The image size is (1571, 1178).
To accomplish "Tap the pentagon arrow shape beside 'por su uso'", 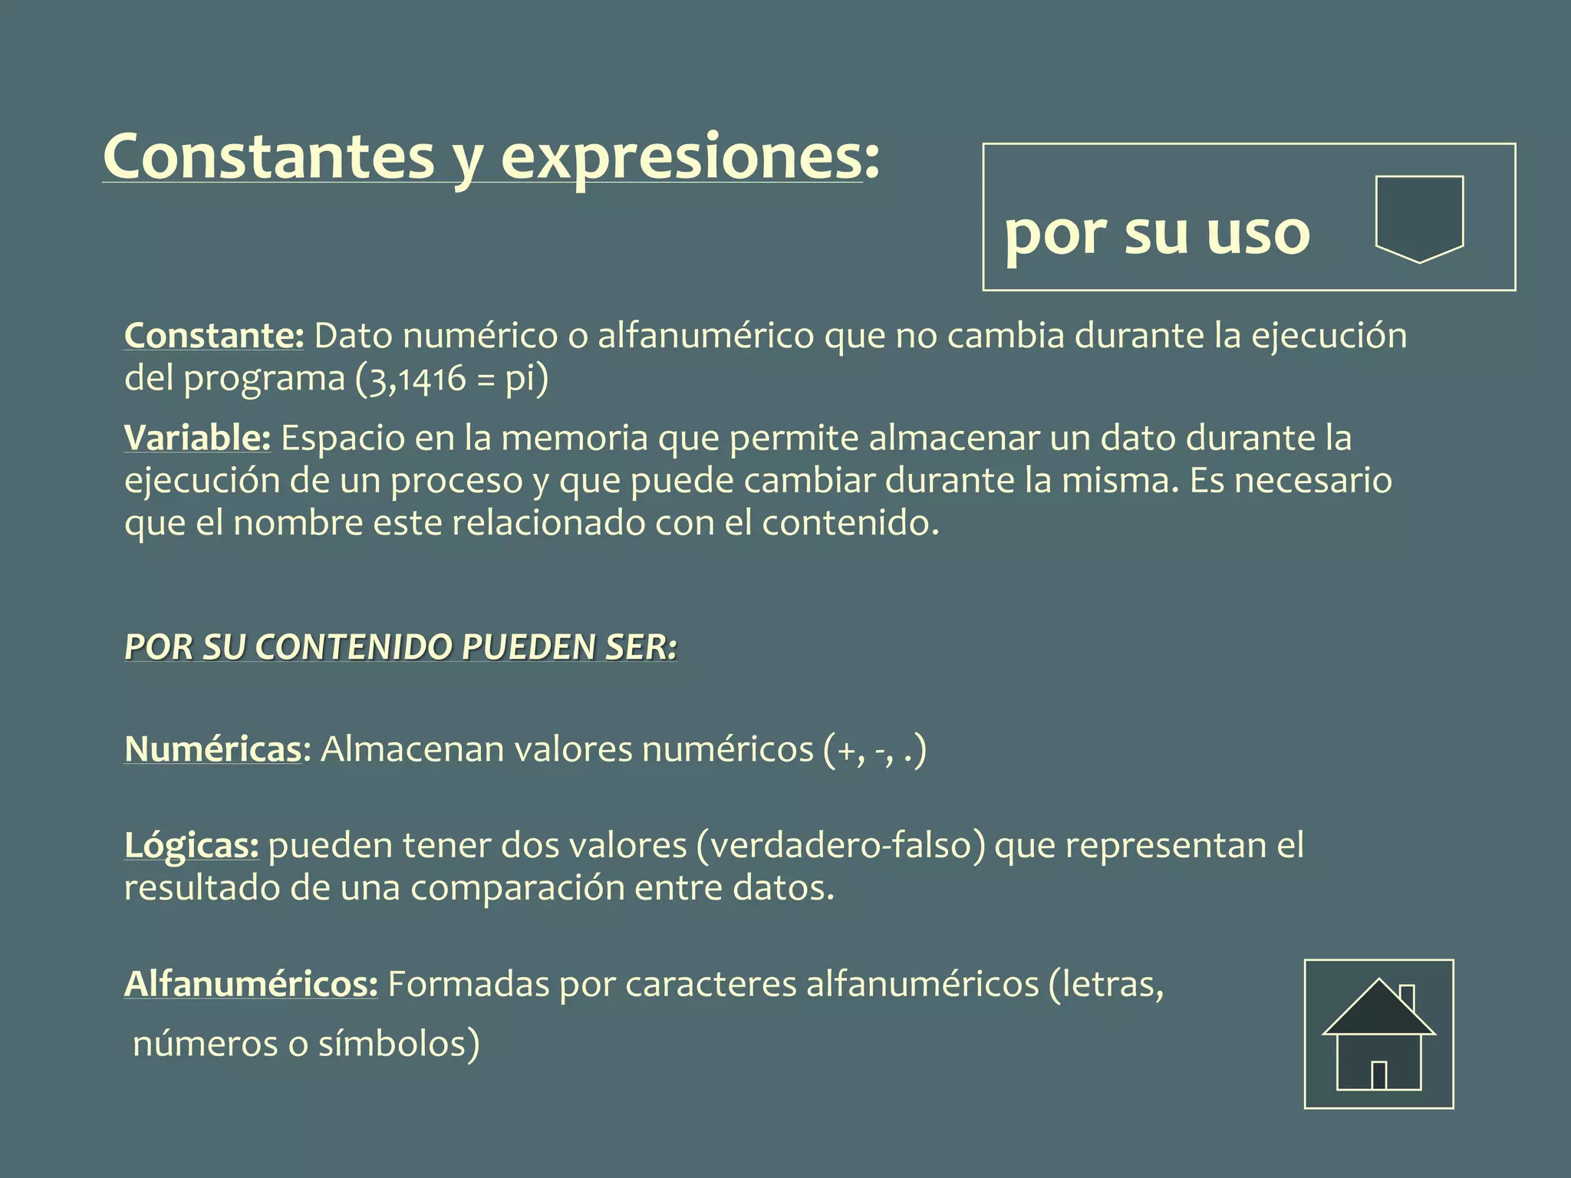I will (1419, 217).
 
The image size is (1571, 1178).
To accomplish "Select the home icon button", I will (1378, 1034).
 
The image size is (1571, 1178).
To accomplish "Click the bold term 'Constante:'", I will (214, 336).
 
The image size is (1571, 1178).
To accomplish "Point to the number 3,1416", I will (418, 379).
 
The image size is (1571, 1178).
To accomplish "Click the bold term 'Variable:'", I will (197, 438).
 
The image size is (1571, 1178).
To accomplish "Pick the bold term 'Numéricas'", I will (212, 749).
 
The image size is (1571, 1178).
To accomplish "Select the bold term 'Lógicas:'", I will (191, 845).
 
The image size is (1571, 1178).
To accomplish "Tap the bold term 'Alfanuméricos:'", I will (250, 984).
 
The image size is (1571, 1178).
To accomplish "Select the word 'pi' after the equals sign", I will (520, 379).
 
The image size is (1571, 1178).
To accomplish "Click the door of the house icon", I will (1378, 1075).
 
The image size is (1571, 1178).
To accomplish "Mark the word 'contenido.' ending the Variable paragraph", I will (850, 523).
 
